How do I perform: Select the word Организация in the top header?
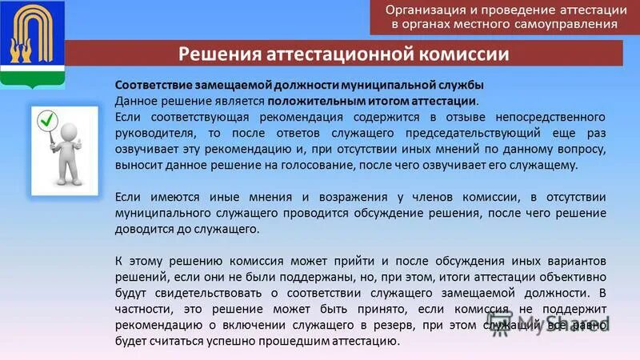click(x=428, y=10)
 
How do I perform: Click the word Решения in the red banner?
click(x=214, y=54)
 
